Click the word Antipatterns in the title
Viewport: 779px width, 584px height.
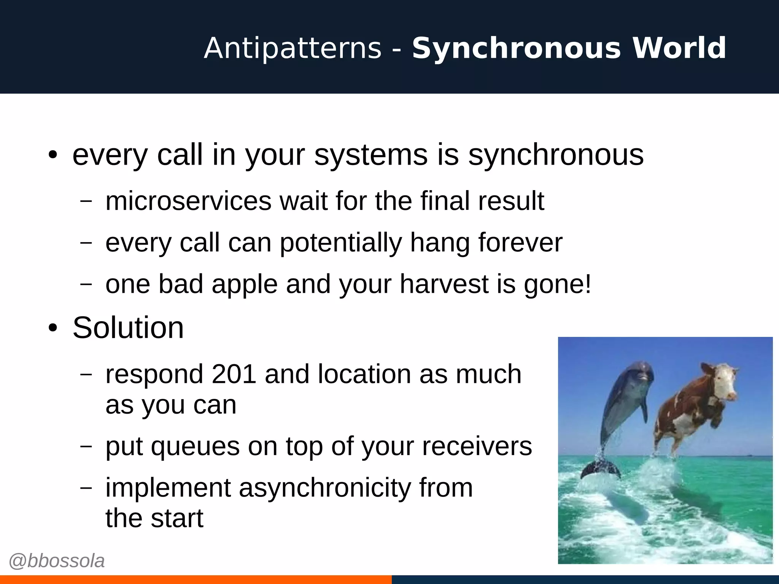pos(293,48)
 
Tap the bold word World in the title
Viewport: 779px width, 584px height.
pos(679,48)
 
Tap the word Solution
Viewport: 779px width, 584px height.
pos(128,328)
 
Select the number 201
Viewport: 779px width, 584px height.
pos(234,374)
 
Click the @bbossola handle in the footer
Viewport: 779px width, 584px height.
pos(57,561)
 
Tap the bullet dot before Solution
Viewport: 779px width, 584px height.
pos(53,328)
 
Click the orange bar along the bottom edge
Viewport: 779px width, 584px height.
pos(196,579)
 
